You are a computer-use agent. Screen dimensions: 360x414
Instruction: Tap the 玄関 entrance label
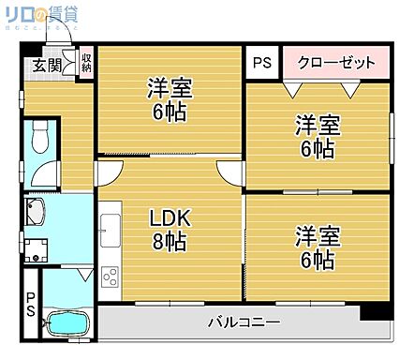[47, 65]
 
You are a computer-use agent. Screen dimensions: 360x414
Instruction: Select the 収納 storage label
[86, 64]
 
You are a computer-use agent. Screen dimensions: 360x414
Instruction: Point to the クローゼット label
[335, 63]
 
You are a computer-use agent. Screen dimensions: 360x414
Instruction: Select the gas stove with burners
[110, 277]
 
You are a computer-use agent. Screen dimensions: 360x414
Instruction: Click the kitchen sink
[110, 227]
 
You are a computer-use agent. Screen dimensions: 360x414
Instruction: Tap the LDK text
[170, 219]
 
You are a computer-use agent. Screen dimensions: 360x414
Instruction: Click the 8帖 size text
[170, 242]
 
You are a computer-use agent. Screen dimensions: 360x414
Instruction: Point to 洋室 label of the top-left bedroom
[170, 90]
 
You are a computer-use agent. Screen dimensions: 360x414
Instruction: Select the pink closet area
[335, 63]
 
